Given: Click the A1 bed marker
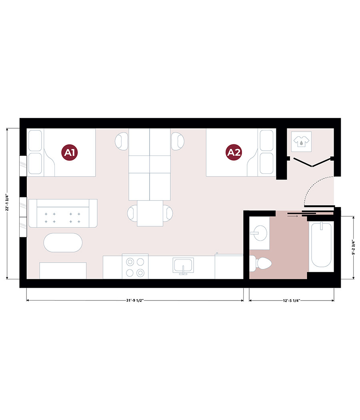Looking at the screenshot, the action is (x=70, y=152).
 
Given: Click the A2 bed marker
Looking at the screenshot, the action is (x=234, y=152).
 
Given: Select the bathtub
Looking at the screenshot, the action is (x=321, y=245).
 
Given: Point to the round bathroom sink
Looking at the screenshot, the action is (x=259, y=233).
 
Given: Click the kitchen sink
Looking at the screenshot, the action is (x=183, y=265).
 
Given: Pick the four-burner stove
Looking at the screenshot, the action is (x=135, y=266).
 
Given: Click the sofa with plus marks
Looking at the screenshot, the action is (x=63, y=213).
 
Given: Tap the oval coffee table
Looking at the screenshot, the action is (x=63, y=243).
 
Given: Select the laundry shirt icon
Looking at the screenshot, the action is (x=301, y=141).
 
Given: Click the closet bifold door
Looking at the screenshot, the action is (x=312, y=162).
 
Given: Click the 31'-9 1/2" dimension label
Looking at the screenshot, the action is (x=135, y=300).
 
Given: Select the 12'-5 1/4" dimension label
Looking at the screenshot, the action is (x=291, y=300).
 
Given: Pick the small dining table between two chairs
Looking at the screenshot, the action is (x=150, y=213).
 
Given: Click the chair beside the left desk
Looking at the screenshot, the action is (x=122, y=141).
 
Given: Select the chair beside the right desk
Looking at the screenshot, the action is (x=178, y=141).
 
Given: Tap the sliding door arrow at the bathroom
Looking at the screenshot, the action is (x=292, y=216).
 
